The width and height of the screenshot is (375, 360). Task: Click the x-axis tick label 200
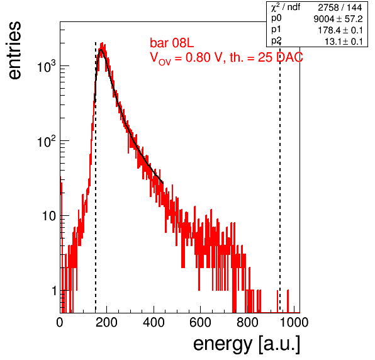click(x=106, y=322)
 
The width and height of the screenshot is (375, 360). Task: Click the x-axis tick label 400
click(x=154, y=322)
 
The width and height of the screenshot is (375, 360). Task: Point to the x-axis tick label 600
click(x=201, y=322)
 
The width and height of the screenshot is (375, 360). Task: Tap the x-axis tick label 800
click(x=247, y=322)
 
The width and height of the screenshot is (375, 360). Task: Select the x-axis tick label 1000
click(x=294, y=322)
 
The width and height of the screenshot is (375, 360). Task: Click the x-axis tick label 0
click(x=60, y=322)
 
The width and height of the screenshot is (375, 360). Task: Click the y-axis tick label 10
click(x=49, y=216)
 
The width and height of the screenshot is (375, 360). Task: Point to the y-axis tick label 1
click(x=54, y=291)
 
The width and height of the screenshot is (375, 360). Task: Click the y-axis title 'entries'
click(x=14, y=50)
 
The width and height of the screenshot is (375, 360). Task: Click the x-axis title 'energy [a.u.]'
click(x=247, y=344)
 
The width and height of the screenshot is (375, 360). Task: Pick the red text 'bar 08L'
click(x=172, y=43)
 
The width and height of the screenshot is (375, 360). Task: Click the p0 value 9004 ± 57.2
click(x=338, y=19)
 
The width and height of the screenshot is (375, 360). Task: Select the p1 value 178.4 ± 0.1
click(x=340, y=30)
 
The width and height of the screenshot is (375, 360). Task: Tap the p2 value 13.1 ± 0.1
click(x=344, y=42)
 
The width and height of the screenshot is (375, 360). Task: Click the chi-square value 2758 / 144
click(x=340, y=8)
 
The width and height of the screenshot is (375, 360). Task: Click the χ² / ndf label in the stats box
click(x=285, y=7)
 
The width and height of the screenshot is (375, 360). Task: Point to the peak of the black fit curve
click(x=101, y=50)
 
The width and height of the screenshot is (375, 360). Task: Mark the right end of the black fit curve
click(x=163, y=183)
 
